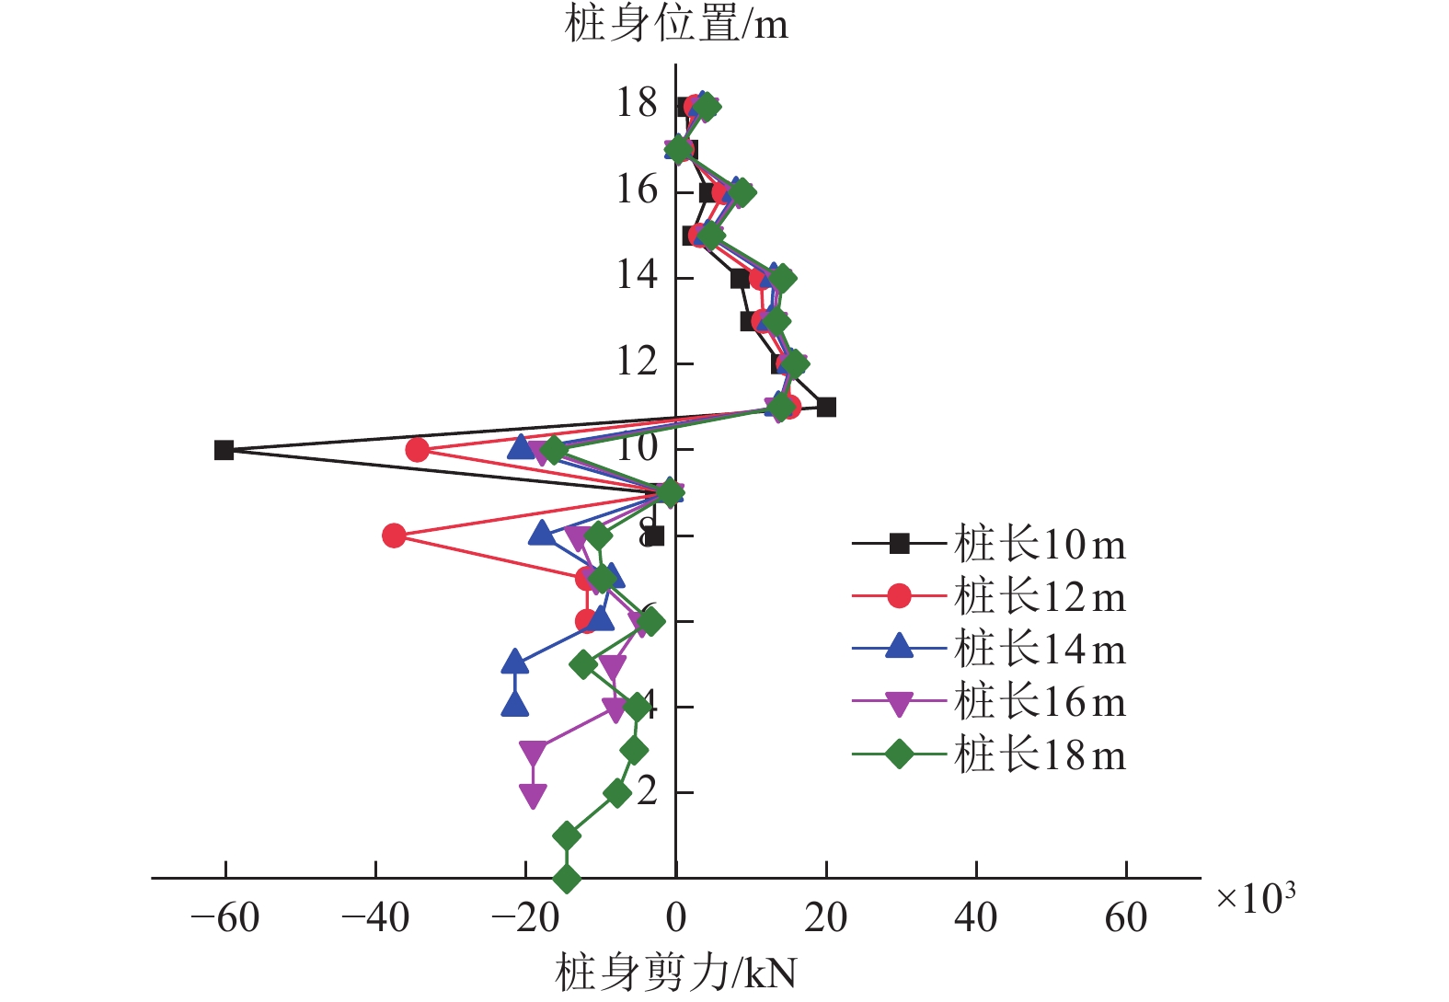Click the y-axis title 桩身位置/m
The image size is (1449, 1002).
click(676, 24)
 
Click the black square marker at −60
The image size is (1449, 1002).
click(224, 450)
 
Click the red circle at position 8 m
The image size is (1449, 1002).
click(394, 536)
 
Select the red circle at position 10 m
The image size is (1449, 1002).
click(418, 450)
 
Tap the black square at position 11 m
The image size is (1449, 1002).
click(826, 407)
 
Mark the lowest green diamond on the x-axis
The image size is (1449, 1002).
click(567, 879)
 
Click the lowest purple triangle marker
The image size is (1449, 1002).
click(533, 795)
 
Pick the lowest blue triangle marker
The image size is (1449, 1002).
click(515, 705)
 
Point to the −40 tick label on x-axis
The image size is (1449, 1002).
click(375, 917)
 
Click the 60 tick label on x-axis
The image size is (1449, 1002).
click(1126, 917)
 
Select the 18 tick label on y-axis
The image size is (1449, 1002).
click(637, 103)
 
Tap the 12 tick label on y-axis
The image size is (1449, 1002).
click(637, 362)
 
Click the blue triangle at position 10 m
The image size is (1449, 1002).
click(522, 448)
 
